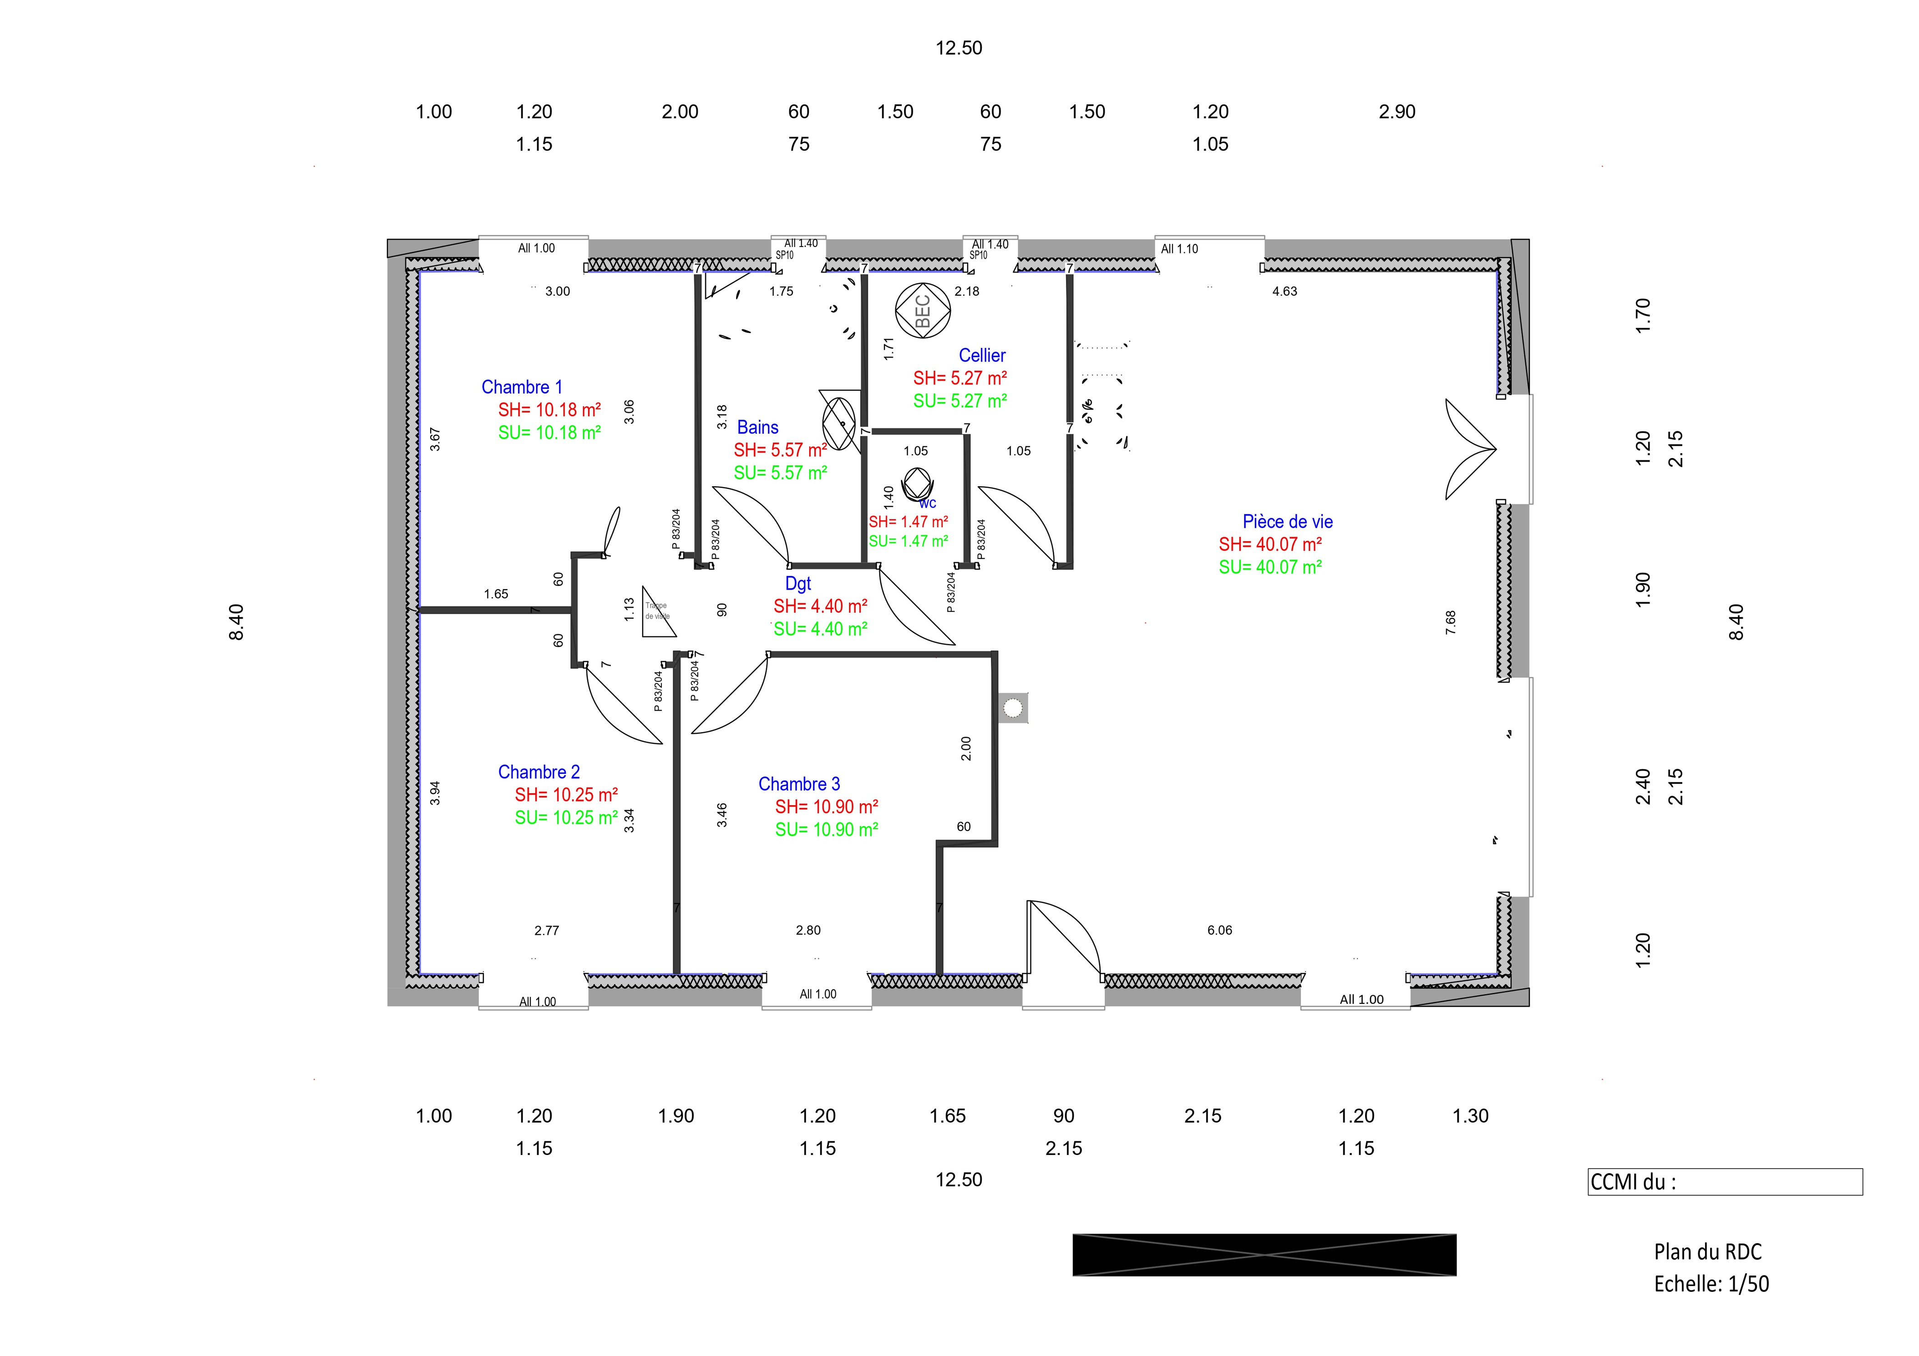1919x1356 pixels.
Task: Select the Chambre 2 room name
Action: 538,772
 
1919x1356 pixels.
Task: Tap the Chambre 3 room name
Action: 799,784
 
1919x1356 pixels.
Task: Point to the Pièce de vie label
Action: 1287,521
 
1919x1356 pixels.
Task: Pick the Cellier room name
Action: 982,355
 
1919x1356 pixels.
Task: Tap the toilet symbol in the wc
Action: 917,484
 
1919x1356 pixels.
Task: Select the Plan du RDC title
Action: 1707,1251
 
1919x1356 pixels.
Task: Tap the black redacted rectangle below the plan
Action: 1264,1255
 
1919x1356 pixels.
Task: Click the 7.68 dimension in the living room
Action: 1450,622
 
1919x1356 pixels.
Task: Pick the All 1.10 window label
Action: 1179,249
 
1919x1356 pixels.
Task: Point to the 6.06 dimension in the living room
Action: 1219,930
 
